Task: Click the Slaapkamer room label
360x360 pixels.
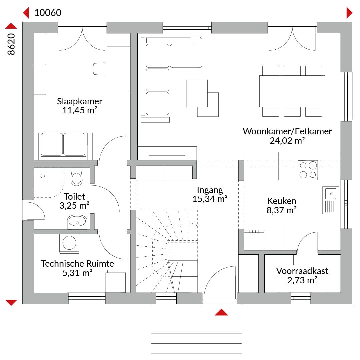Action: coord(79,101)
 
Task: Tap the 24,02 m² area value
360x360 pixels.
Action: coord(287,141)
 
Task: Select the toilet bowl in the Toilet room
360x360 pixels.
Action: coord(76,177)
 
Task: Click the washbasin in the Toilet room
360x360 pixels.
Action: coord(77,222)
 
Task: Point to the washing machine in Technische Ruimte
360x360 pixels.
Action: coord(69,243)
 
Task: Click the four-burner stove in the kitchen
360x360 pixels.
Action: coord(308,170)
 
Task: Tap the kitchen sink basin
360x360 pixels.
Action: coord(331,194)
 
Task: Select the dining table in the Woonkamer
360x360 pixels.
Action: coord(292,91)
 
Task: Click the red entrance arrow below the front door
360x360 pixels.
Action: coord(221,312)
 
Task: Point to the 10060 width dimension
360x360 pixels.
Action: coord(48,13)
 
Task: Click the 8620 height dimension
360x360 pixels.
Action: coord(11,44)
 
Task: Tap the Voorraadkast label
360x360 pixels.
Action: coord(302,271)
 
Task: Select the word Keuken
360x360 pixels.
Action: coord(281,201)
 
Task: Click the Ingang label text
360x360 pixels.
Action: coord(210,190)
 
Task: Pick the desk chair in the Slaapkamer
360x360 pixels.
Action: coord(99,69)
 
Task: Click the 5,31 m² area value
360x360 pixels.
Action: coord(77,273)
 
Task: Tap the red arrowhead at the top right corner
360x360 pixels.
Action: coord(349,13)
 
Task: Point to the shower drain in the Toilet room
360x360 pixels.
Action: coord(42,176)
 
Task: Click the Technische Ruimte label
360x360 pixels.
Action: coord(77,264)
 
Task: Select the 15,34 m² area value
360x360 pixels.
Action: coord(210,199)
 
